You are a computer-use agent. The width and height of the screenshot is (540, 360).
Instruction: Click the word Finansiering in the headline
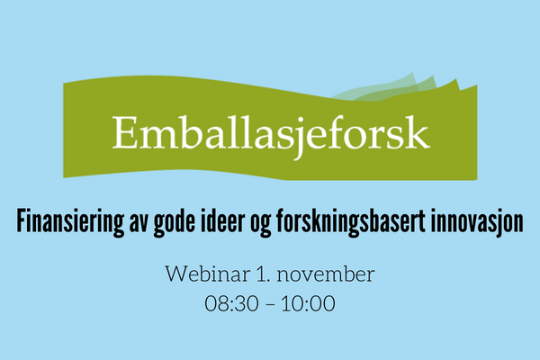[70, 222]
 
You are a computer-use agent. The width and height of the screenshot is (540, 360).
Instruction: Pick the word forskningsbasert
[351, 222]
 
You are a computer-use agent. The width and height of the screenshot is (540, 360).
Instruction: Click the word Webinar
[208, 274]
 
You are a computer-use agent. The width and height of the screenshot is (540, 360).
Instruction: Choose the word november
[326, 274]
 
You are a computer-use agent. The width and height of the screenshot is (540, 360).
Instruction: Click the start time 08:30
[231, 303]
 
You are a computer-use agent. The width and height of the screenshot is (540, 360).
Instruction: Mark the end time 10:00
[308, 303]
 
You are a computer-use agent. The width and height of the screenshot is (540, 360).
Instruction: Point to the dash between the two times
[270, 305]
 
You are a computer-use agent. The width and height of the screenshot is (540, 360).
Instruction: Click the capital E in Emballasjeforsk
[123, 132]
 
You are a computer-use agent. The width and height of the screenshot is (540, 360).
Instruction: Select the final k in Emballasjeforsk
[418, 131]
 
